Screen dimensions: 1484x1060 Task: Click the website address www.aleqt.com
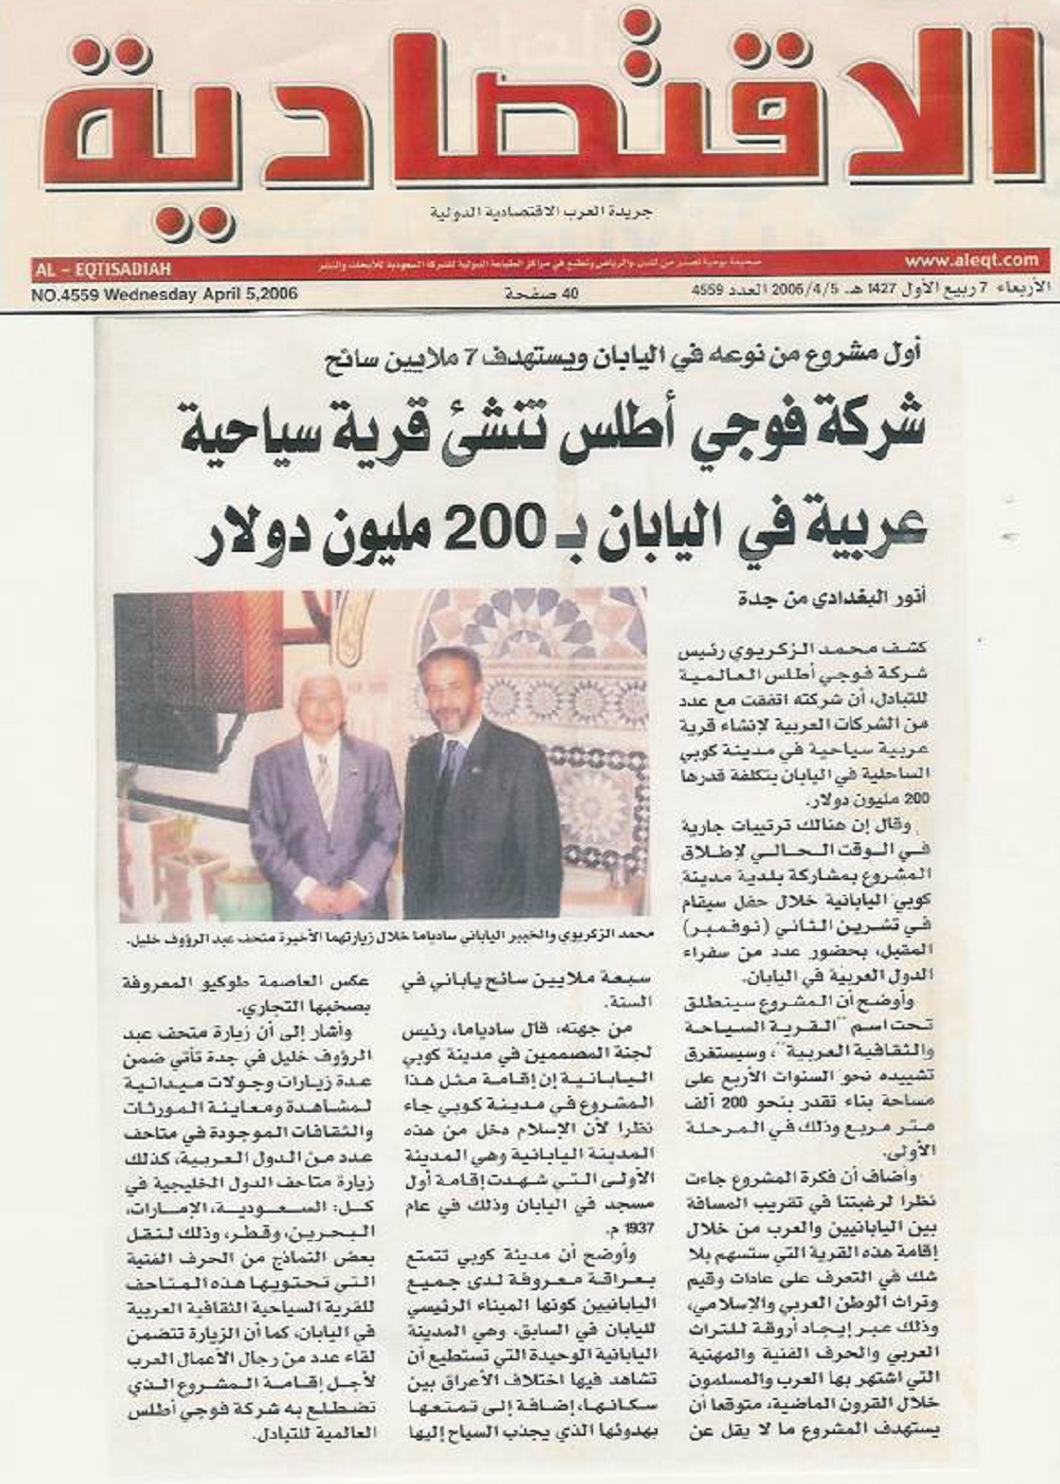971,260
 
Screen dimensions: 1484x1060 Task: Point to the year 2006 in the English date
277,294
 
